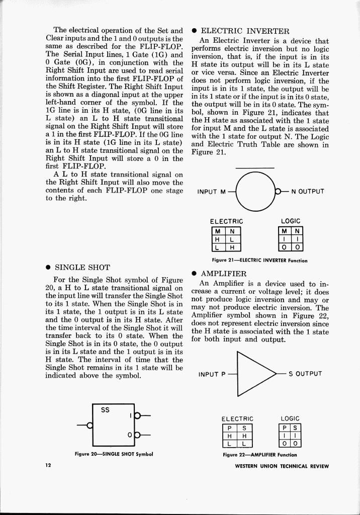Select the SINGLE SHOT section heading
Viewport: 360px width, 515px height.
(82, 267)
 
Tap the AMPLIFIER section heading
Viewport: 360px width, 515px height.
(224, 274)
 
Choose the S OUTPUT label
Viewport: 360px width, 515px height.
(305, 374)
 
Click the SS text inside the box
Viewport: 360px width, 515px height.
(105, 410)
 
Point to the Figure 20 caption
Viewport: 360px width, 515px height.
(114, 454)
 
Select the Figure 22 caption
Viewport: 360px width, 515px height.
(260, 455)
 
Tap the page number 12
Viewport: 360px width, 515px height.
(48, 466)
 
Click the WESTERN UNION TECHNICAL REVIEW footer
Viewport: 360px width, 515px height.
(282, 466)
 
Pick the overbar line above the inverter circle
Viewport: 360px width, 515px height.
(255, 168)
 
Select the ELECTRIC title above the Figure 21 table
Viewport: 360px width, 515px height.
(226, 221)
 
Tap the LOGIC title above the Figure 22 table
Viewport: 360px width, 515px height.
(290, 418)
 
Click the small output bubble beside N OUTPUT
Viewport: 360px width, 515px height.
(277, 191)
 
